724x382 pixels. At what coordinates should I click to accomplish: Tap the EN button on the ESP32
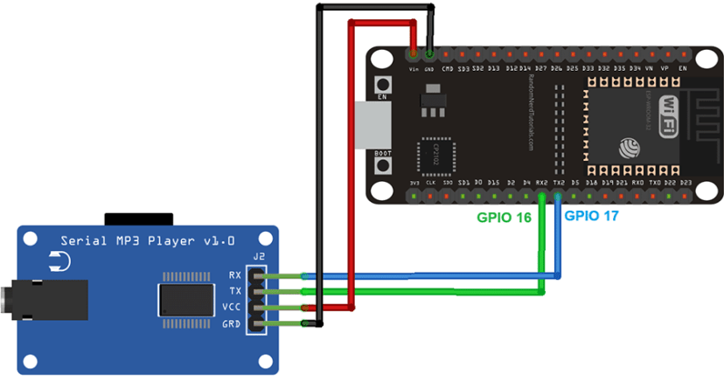point(382,85)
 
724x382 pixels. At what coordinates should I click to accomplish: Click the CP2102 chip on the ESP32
point(438,155)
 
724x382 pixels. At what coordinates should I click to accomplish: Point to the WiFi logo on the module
point(666,115)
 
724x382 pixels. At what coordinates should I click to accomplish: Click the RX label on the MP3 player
point(234,274)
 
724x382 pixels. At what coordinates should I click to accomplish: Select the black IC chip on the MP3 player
point(186,299)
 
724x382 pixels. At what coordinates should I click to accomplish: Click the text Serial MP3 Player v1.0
point(147,240)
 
